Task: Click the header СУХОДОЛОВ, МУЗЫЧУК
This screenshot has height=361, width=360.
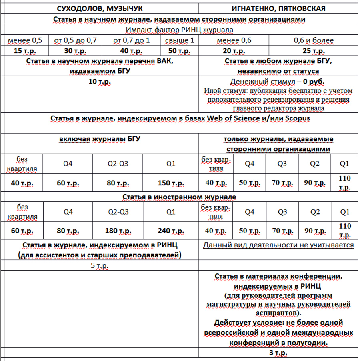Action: click(100, 8)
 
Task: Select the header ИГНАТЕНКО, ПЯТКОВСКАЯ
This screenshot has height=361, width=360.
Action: click(278, 8)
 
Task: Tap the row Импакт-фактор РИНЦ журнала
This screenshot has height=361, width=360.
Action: click(179, 30)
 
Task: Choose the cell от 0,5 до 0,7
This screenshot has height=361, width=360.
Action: click(75, 40)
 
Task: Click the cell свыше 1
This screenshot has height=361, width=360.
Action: click(180, 40)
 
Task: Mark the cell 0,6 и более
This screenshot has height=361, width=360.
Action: click(314, 40)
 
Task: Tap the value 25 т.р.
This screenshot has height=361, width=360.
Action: click(314, 51)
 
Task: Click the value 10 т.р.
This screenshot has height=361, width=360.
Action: click(100, 82)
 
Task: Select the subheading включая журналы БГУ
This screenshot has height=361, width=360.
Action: click(100, 139)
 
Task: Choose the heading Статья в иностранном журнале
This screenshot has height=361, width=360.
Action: click(179, 197)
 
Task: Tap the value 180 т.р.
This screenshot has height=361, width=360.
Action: click(117, 231)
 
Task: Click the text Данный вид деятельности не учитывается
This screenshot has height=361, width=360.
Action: click(278, 245)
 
